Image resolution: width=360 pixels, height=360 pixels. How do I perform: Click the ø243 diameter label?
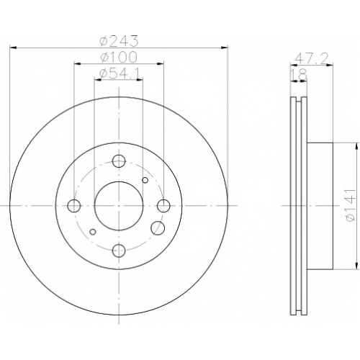click(x=119, y=41)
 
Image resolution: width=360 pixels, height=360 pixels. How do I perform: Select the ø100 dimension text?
click(x=119, y=57)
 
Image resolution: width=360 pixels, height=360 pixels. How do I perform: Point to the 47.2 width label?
click(x=311, y=58)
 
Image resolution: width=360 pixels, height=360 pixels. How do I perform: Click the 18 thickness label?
click(x=300, y=75)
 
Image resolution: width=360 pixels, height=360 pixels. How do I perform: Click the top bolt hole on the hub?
click(x=119, y=161)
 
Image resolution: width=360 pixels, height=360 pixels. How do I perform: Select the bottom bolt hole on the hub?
click(x=119, y=251)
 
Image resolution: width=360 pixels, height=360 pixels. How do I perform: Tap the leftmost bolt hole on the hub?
click(x=74, y=206)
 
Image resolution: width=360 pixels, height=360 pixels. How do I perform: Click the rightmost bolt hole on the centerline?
click(x=164, y=206)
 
